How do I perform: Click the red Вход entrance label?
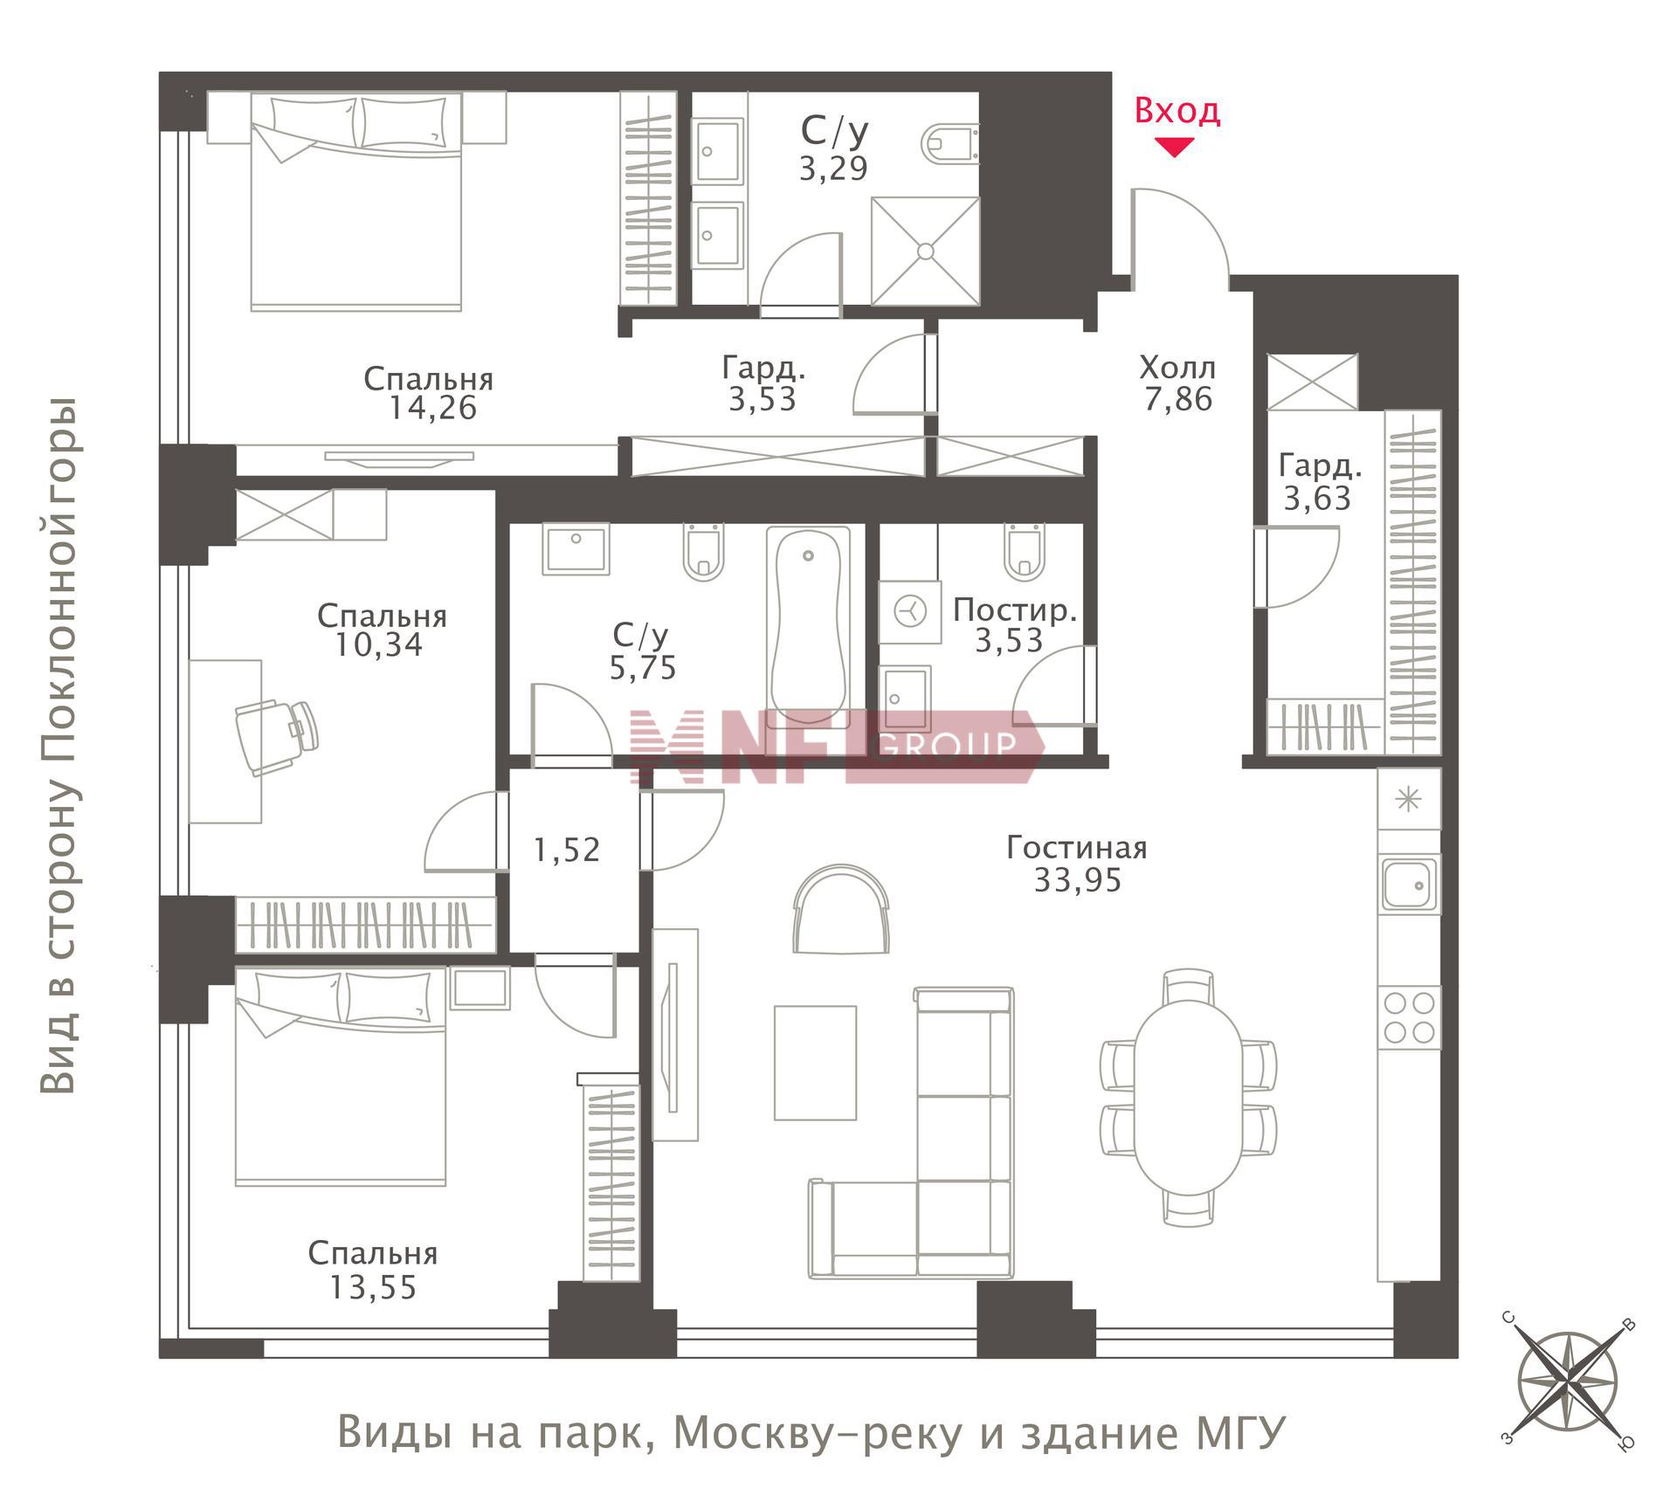(x=1177, y=111)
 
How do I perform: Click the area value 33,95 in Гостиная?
(x=1077, y=879)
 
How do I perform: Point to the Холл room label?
(x=1177, y=368)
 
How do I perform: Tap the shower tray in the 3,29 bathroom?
(x=925, y=251)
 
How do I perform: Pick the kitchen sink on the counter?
(x=1408, y=885)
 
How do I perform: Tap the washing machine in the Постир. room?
(x=909, y=611)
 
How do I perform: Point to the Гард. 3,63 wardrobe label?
(x=1319, y=481)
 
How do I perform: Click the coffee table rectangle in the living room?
(x=815, y=1062)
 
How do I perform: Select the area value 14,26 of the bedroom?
(x=432, y=408)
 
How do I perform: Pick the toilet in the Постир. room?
(x=1024, y=552)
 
